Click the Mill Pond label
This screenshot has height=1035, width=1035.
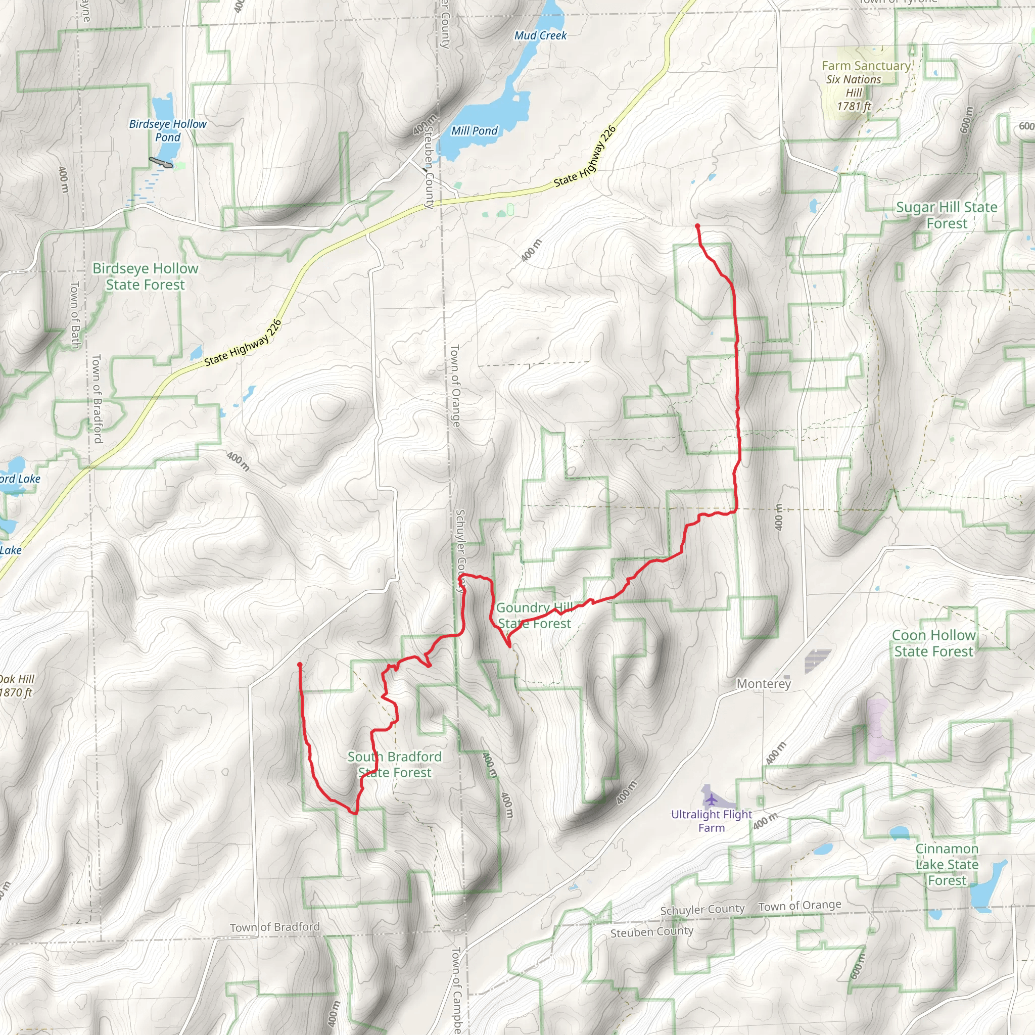pyautogui.click(x=474, y=131)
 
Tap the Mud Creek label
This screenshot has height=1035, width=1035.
pyautogui.click(x=540, y=35)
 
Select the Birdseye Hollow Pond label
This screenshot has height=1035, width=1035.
pyautogui.click(x=168, y=130)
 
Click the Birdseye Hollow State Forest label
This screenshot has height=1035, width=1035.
pyautogui.click(x=145, y=276)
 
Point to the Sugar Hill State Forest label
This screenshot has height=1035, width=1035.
pyautogui.click(x=947, y=215)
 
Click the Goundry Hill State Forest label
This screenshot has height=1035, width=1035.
pyautogui.click(x=534, y=616)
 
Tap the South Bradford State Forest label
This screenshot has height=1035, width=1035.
pyautogui.click(x=395, y=765)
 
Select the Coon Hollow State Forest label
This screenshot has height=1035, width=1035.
pyautogui.click(x=934, y=643)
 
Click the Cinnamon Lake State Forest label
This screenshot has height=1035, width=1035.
pyautogui.click(x=947, y=864)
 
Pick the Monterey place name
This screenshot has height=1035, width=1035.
pyautogui.click(x=764, y=684)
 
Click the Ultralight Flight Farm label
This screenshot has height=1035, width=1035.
pyautogui.click(x=712, y=821)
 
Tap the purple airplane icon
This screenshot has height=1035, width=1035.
pyautogui.click(x=711, y=800)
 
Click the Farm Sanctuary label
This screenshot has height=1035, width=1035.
pyautogui.click(x=866, y=65)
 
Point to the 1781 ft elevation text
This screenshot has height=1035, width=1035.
pyautogui.click(x=854, y=106)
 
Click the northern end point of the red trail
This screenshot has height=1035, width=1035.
pyautogui.click(x=697, y=226)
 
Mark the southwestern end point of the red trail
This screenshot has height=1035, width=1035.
pyautogui.click(x=300, y=665)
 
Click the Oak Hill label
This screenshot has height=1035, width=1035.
pyautogui.click(x=18, y=679)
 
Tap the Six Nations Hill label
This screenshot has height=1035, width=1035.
pyautogui.click(x=854, y=86)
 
